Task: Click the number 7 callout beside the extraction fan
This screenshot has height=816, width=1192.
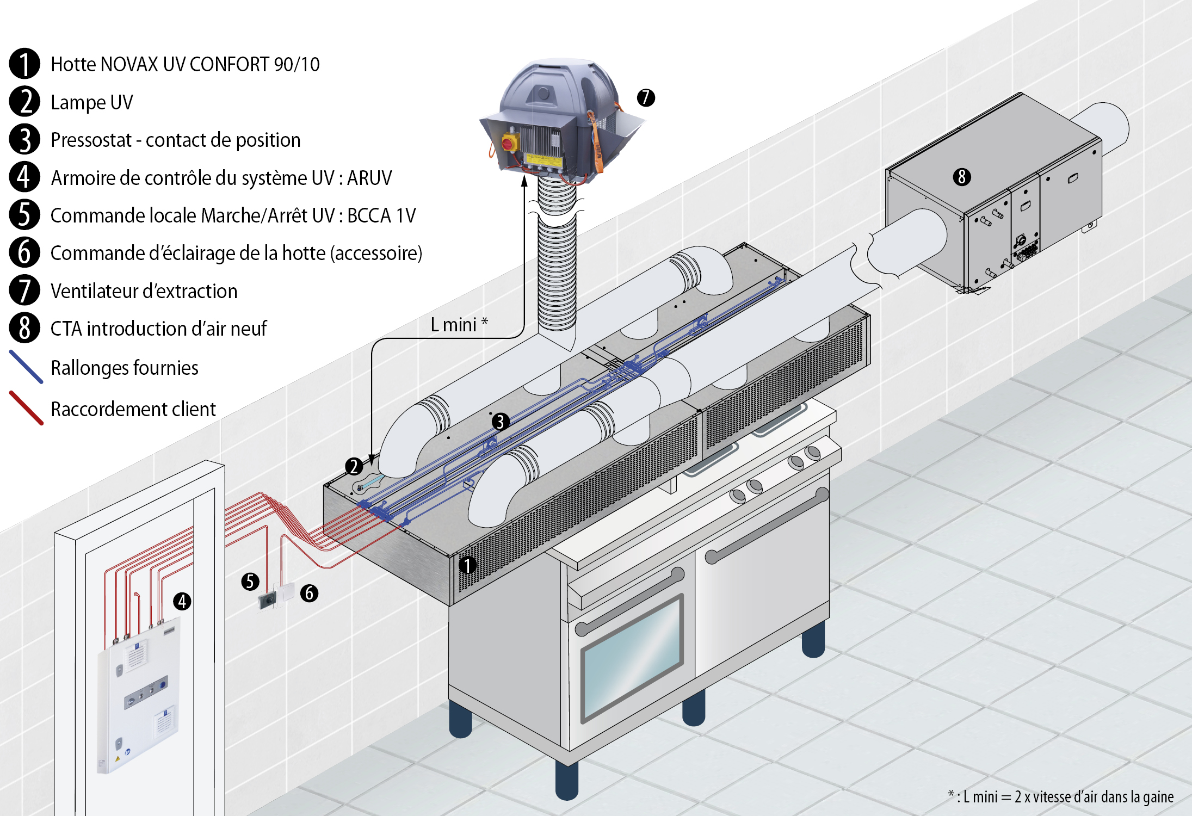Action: (646, 98)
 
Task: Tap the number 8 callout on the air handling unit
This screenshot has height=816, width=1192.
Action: (961, 177)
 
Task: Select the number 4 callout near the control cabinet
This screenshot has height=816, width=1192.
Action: (182, 601)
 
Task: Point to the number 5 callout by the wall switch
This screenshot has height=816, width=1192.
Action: (250, 582)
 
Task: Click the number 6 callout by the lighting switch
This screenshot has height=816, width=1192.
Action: (309, 593)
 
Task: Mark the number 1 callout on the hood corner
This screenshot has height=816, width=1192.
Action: (467, 565)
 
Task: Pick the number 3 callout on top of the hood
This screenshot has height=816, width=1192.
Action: (500, 422)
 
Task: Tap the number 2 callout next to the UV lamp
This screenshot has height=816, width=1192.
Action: (354, 466)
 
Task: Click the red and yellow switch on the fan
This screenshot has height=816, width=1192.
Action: (510, 143)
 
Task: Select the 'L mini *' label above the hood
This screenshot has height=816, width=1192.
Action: (459, 325)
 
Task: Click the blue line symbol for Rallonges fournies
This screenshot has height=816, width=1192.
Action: (26, 367)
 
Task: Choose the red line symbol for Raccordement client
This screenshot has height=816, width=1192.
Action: (26, 408)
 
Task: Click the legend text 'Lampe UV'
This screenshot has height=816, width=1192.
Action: (91, 102)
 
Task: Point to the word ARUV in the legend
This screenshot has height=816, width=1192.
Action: (369, 178)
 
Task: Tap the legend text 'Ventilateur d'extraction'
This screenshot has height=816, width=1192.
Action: (144, 291)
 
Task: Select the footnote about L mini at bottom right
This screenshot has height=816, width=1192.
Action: (1060, 797)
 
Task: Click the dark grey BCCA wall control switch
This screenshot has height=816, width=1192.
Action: (267, 601)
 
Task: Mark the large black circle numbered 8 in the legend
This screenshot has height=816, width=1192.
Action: (24, 328)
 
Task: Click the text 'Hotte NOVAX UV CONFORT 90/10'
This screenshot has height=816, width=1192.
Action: (185, 64)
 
